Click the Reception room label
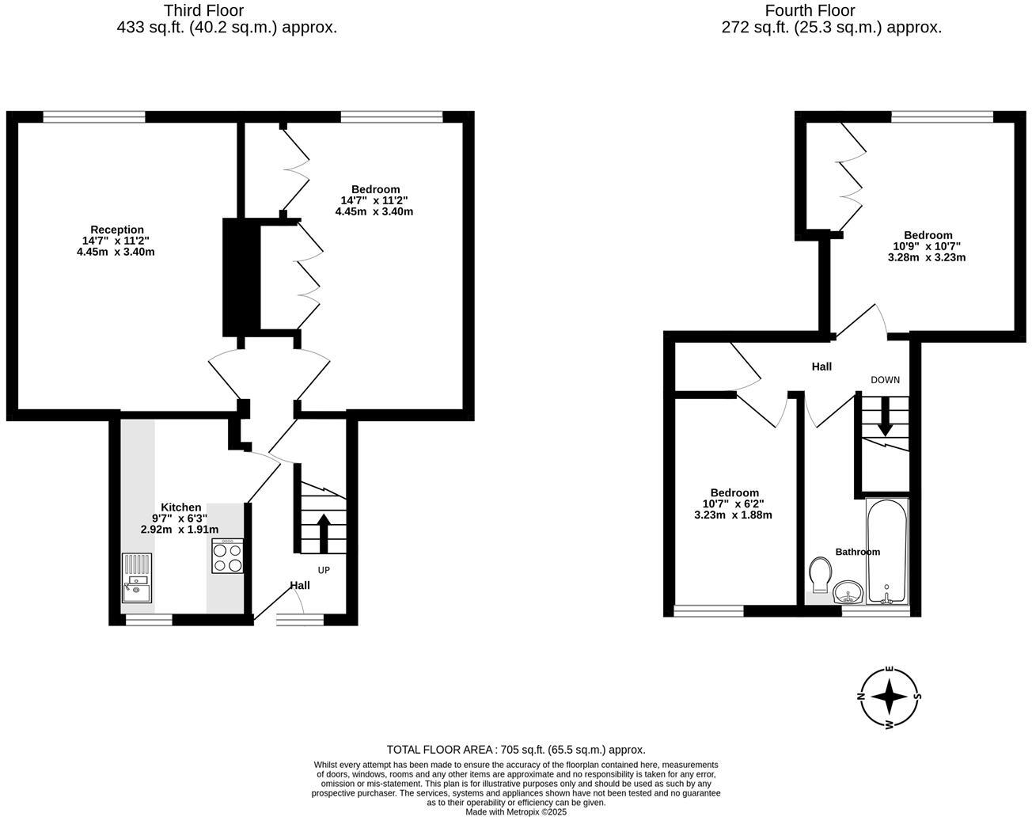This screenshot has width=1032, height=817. coord(117,230)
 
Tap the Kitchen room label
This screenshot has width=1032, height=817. coord(180,507)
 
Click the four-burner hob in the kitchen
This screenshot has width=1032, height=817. coord(229,556)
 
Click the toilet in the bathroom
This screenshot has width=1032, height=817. coord(821,573)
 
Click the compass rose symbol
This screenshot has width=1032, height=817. coord(890,697)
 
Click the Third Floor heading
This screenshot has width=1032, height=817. coord(203,10)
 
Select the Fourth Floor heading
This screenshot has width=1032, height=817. coord(810,10)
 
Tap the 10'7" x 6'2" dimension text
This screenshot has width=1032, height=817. coord(734,503)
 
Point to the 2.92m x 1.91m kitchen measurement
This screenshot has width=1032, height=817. coord(180,530)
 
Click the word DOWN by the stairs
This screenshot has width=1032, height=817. coord(885,380)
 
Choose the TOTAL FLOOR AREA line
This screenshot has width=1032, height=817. coord(516,749)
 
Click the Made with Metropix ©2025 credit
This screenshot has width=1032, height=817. coord(516,811)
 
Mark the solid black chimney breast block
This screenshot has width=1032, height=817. coord(241,277)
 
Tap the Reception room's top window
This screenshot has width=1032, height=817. coord(94,117)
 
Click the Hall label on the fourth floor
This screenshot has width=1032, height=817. coord(821,367)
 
